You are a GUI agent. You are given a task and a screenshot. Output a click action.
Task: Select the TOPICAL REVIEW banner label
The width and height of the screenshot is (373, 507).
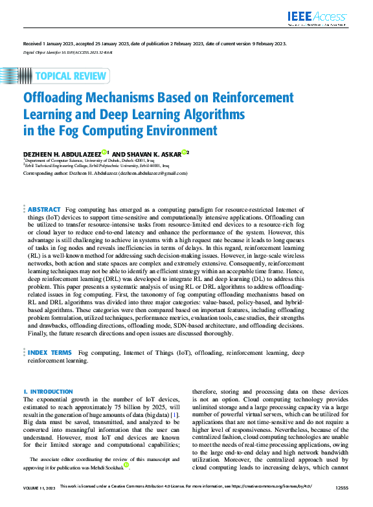pos(71,76)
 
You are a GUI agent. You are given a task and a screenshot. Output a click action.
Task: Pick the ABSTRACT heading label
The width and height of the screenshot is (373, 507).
pos(44,210)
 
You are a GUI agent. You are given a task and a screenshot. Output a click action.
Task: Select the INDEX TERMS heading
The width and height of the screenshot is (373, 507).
pos(49,353)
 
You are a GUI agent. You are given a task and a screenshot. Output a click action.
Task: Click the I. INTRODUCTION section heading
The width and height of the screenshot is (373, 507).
pos(48,392)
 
